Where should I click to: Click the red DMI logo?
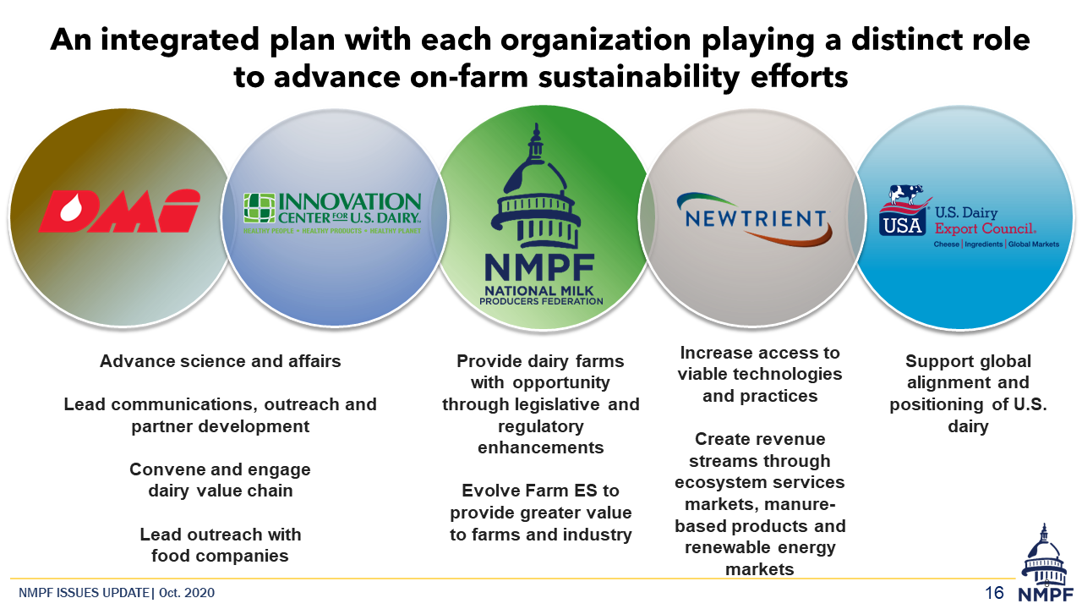pos(119,211)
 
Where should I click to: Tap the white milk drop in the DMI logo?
pos(70,209)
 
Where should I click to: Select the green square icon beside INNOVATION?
pos(259,208)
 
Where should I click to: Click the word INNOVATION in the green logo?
pos(350,202)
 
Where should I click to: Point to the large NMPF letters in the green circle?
pos(539,267)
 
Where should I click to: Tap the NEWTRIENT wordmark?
pos(755,219)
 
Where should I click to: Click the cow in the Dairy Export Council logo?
pos(906,195)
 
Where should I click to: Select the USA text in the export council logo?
pos(902,226)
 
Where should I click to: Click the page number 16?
pos(994,593)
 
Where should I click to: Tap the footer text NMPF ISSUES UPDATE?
pos(84,593)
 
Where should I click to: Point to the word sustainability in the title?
pos(638,77)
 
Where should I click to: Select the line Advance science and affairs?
pos(221,361)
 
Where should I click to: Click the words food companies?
pos(220,556)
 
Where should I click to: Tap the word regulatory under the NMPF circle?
pos(540,426)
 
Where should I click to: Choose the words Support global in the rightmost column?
pos(968,361)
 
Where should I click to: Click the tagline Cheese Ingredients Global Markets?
pos(996,244)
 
